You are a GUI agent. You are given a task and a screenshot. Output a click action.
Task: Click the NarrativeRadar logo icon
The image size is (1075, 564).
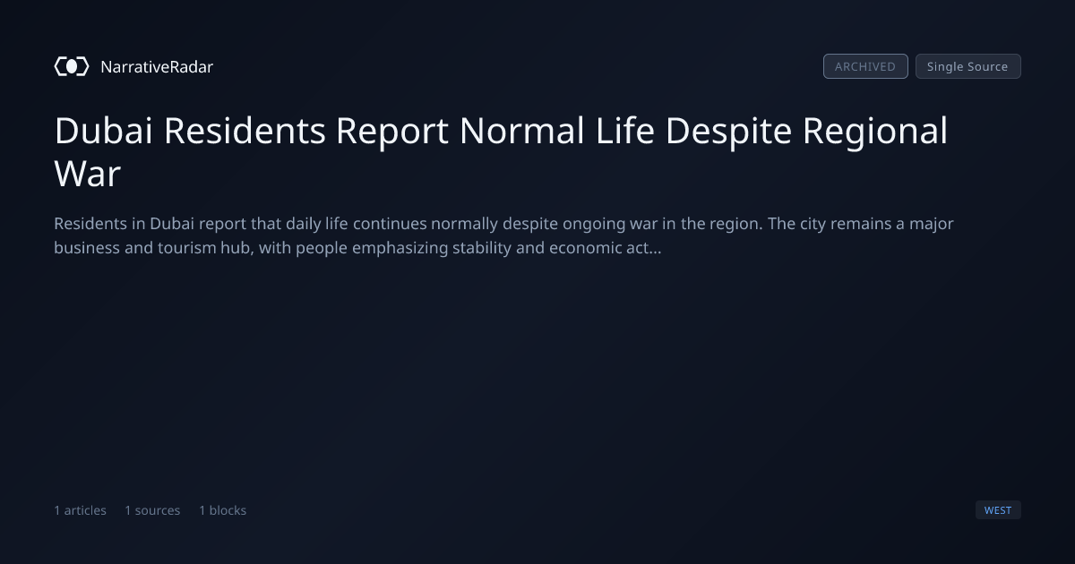coord(72,66)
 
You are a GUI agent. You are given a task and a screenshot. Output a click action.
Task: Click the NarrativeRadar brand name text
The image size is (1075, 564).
coord(157,67)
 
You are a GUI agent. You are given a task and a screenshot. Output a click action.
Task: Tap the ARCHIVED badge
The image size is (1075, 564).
coord(865,66)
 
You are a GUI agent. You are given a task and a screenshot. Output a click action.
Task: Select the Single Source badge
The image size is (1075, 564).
coord(968,66)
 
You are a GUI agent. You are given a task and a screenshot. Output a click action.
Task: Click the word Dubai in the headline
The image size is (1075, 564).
coord(103,131)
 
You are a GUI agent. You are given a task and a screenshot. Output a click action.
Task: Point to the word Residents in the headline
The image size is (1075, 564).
coord(245,131)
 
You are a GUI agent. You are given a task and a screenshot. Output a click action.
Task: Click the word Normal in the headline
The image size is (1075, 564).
coord(521,131)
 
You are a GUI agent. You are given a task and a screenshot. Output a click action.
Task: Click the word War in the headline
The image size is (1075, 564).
coord(88,174)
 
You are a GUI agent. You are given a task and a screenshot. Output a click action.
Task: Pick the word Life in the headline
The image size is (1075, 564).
coord(625,131)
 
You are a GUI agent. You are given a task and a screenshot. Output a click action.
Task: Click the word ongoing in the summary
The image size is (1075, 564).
coord(594,225)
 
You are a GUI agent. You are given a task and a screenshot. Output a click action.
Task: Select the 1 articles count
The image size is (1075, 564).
coord(80,510)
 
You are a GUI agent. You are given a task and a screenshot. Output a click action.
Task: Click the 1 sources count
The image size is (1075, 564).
coord(152,510)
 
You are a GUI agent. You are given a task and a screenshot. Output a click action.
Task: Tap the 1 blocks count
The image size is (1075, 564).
coord(223,510)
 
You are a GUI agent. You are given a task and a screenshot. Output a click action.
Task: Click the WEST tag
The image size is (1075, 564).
coord(998,509)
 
